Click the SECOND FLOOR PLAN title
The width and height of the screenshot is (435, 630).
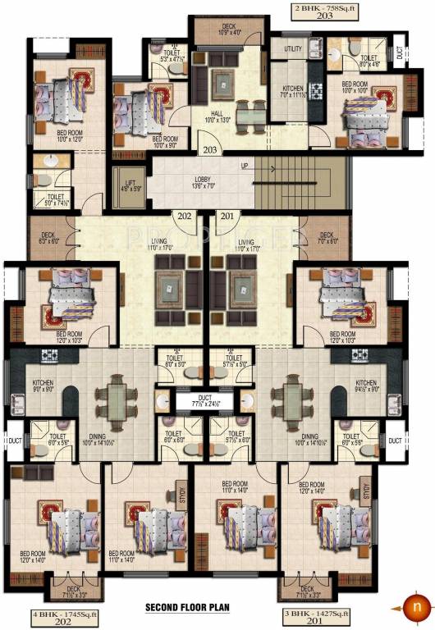188,608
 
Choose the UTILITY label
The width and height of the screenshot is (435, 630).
293,49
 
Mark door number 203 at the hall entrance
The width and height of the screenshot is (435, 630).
210,150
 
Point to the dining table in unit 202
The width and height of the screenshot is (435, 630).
116,401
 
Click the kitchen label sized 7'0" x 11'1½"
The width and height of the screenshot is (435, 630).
293,92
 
